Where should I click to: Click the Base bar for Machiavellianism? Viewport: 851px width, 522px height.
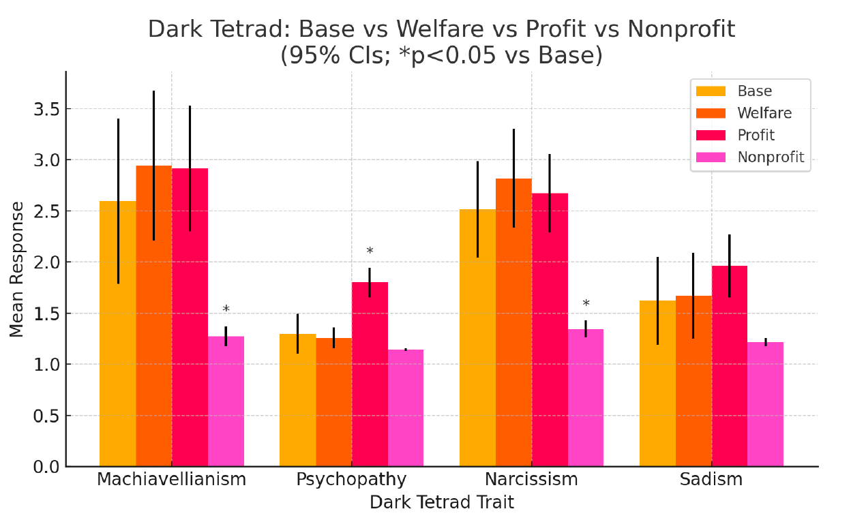coord(117,334)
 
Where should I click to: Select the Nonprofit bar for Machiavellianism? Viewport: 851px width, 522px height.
coord(226,401)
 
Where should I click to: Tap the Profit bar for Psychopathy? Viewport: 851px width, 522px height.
coord(370,374)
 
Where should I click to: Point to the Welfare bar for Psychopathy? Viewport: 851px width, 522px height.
coord(333,402)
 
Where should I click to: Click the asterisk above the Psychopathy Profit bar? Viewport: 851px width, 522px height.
coord(370,252)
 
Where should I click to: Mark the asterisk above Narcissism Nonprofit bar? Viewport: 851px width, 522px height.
coord(586,305)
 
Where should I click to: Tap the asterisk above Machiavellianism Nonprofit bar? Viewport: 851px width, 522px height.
coord(226,310)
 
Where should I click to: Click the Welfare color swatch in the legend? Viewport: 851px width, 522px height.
coord(711,113)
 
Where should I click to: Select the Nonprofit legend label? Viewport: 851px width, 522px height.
coord(771,157)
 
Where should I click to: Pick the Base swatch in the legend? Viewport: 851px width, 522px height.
coord(711,91)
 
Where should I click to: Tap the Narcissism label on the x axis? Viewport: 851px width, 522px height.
coord(531,479)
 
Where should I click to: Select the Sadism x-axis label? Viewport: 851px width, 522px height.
coord(711,479)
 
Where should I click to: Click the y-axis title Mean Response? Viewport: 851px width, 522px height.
coord(17,268)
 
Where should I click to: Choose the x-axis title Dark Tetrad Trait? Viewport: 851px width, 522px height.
coord(441,503)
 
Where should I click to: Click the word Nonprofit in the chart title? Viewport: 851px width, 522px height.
coord(681,30)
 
